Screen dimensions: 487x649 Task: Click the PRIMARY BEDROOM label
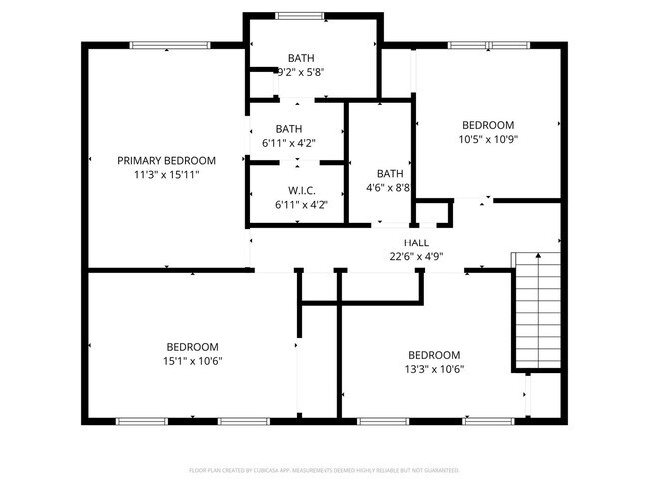click(166, 160)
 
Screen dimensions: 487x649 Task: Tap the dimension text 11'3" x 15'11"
click(166, 174)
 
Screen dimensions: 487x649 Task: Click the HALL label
click(416, 243)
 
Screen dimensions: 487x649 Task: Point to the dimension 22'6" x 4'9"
click(416, 256)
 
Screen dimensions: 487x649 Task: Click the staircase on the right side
click(536, 310)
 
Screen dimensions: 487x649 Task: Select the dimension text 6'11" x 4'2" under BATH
click(288, 143)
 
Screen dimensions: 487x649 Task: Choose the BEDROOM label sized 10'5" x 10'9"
click(487, 125)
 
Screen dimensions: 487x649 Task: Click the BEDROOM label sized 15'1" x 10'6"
click(193, 346)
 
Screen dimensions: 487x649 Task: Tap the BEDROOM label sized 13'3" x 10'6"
click(434, 355)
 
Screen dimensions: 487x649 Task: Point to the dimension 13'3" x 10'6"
click(434, 369)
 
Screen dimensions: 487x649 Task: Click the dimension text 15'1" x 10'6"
click(193, 360)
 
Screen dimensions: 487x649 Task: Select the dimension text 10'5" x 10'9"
click(487, 139)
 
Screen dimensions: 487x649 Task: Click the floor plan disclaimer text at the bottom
click(324, 469)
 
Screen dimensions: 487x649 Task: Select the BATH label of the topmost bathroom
click(301, 57)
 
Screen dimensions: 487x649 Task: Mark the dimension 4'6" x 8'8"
click(385, 187)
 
